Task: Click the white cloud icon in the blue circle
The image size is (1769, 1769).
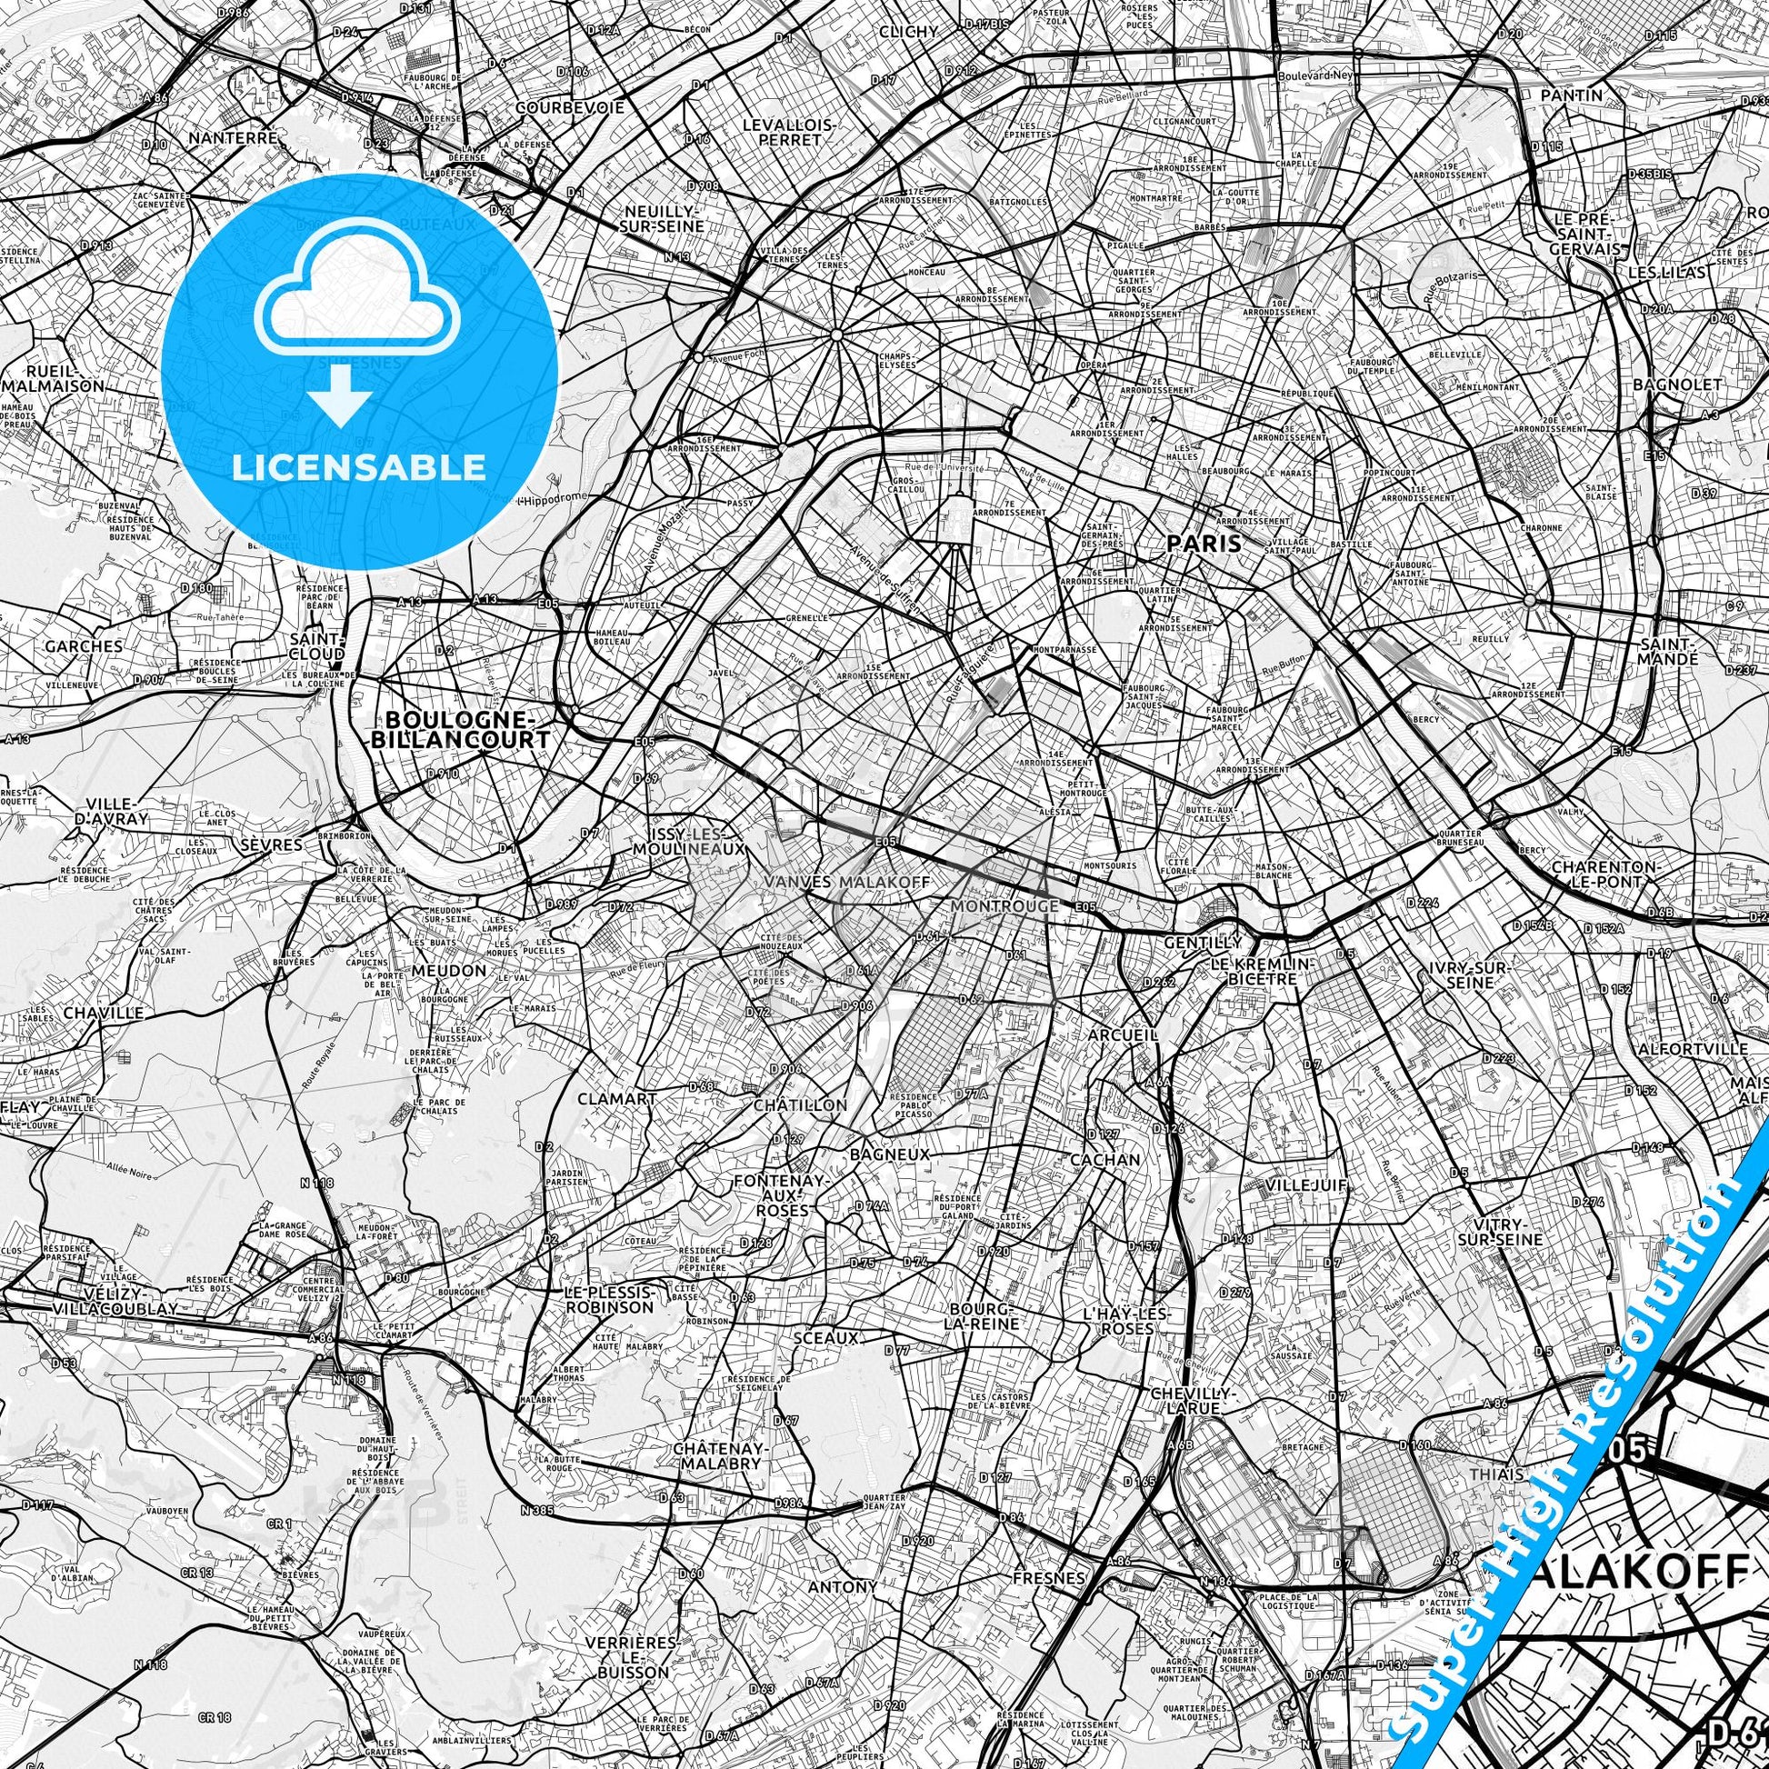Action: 359,293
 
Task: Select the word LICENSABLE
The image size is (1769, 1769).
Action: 359,467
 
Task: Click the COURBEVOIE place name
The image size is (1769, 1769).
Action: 570,107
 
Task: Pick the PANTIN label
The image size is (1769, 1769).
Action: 1571,95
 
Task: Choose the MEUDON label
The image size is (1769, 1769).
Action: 449,970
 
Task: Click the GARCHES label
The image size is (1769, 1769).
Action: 83,645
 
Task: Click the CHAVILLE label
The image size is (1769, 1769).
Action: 104,1014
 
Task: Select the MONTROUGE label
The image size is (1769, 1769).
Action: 1004,905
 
